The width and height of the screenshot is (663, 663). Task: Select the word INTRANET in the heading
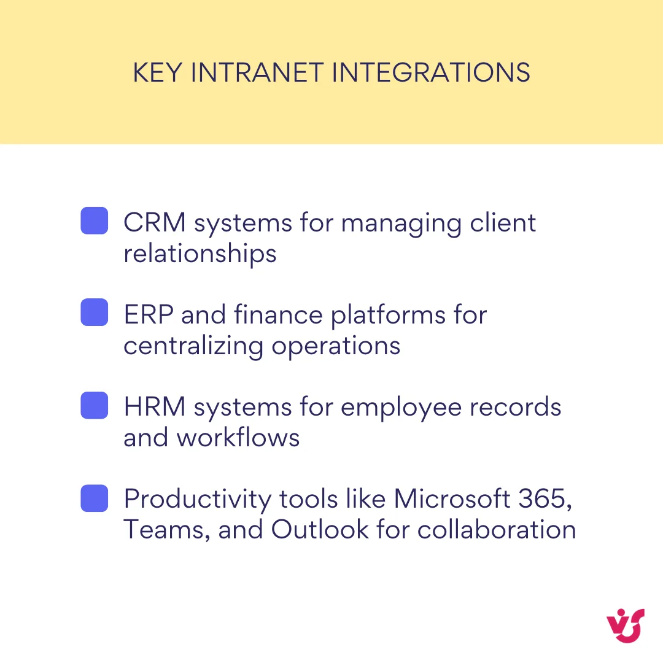257,73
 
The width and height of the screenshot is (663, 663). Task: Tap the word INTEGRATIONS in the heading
431,73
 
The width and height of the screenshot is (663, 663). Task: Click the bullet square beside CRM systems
95,220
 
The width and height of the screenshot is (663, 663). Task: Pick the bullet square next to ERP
95,312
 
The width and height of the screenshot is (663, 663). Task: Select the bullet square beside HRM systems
95,406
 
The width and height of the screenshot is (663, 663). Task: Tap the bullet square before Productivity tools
95,498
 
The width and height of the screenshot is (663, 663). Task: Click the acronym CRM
155,222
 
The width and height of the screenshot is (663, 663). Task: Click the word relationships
200,254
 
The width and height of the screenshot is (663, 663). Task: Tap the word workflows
238,438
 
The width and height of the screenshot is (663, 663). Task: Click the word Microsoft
452,499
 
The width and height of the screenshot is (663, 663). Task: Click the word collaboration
496,530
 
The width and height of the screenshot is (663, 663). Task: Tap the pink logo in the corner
625,626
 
